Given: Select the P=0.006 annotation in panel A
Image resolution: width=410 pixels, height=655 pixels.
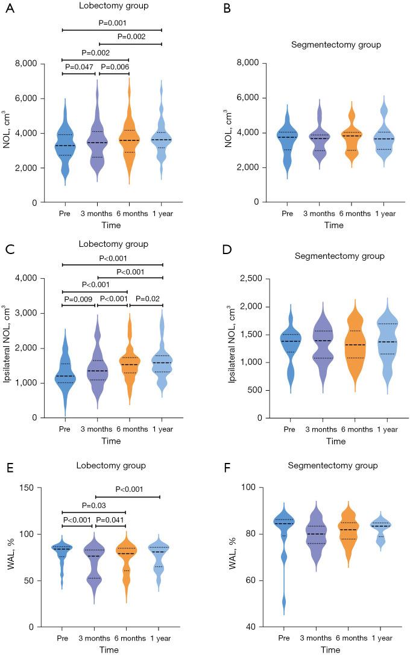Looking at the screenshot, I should (x=114, y=67).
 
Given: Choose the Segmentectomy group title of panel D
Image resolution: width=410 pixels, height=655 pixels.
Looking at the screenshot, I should (x=329, y=256).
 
